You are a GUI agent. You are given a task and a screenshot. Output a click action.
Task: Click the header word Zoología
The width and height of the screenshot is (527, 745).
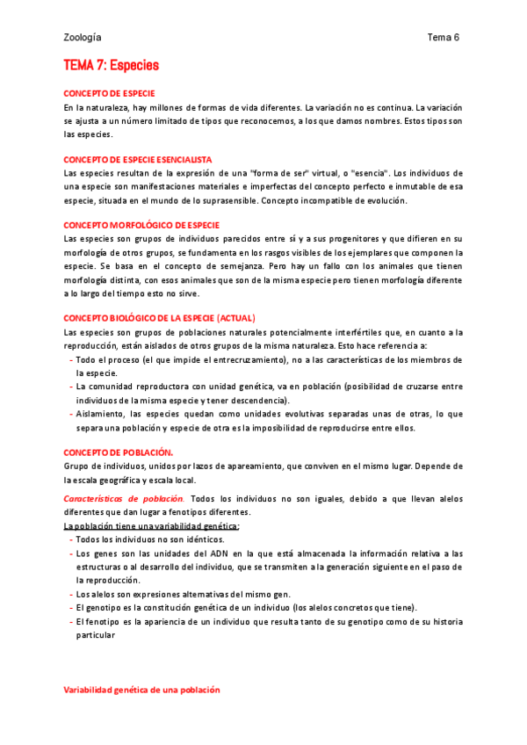tap(83, 38)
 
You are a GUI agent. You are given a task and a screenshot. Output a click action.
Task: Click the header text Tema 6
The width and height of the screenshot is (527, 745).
tap(444, 38)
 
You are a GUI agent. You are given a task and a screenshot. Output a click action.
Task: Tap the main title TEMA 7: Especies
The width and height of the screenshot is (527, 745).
tap(111, 66)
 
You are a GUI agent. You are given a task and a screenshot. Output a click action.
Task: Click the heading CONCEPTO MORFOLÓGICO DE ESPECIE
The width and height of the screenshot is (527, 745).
tap(141, 225)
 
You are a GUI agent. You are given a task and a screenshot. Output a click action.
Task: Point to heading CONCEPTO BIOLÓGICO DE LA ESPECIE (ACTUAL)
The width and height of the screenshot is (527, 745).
tap(160, 317)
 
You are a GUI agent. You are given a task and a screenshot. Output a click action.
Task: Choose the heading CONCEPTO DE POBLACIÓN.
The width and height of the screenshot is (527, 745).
tap(124, 452)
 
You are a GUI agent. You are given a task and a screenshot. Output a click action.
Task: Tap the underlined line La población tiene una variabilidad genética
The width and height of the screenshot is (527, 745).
tap(151, 525)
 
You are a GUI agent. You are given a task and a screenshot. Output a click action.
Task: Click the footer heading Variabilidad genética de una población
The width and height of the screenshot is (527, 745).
tap(141, 691)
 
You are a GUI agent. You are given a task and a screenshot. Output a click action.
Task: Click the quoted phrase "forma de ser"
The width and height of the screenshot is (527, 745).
tap(279, 173)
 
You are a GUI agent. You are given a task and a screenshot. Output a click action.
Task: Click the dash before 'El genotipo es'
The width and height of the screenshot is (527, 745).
tap(70, 608)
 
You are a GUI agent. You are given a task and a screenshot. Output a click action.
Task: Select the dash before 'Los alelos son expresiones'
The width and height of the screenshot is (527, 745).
tap(70, 594)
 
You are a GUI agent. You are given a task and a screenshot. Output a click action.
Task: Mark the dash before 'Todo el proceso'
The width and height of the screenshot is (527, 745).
tap(70, 359)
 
